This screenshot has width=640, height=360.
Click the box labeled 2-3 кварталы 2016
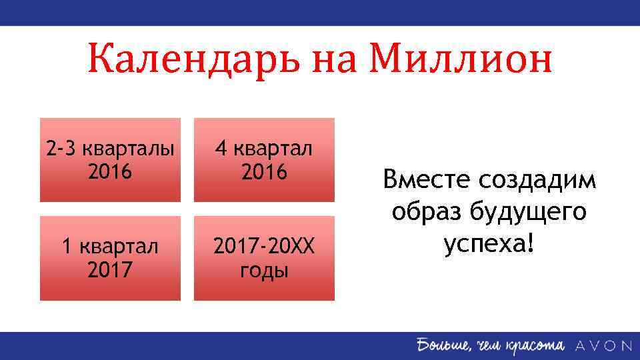click(110, 160)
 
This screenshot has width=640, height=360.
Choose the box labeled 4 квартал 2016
click(264, 160)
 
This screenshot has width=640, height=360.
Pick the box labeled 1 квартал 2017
click(110, 258)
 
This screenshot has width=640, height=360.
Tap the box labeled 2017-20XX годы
click(264, 258)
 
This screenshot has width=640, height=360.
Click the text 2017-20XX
click(264, 247)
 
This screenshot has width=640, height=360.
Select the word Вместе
click(426, 180)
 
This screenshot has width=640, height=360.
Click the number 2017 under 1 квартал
click(110, 271)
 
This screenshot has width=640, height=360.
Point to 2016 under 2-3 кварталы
click(110, 172)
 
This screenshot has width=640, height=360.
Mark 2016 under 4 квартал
click(264, 172)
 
